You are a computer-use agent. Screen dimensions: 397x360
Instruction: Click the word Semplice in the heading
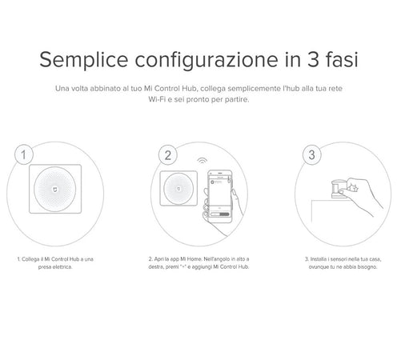84,60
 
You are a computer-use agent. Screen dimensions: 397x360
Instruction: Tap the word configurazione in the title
207,60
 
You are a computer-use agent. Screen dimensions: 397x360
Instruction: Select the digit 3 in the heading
313,59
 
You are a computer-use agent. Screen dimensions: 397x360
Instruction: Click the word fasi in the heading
342,59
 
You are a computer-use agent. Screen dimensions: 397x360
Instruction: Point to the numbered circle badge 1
24,154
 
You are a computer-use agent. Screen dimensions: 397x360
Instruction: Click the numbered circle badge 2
167,155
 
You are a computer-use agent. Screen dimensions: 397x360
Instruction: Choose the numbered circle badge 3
311,155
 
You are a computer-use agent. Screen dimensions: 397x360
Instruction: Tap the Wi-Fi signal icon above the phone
203,161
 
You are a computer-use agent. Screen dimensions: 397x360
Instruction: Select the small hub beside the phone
178,188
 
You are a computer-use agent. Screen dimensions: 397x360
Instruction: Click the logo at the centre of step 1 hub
55,189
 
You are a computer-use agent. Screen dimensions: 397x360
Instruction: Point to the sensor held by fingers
337,189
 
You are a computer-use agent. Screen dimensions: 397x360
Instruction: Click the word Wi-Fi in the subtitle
157,99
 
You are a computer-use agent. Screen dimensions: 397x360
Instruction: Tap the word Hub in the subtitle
189,88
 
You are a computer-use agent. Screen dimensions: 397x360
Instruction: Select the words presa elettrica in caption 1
55,267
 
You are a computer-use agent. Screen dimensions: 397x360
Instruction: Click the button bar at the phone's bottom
219,214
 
